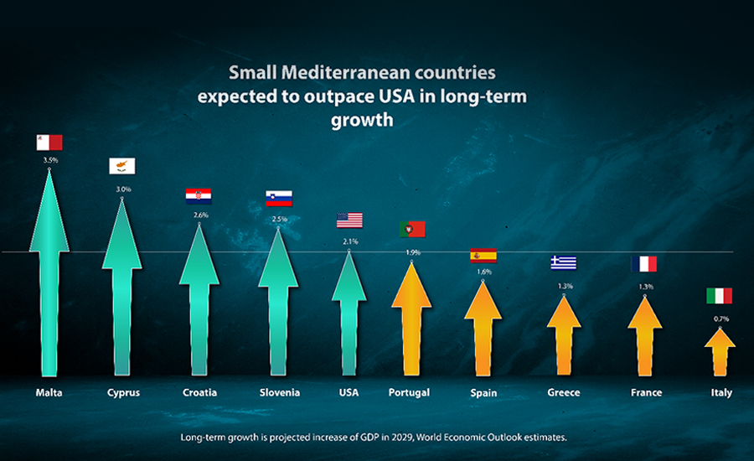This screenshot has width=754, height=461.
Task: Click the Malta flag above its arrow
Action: (x=49, y=142)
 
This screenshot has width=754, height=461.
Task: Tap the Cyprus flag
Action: (x=122, y=166)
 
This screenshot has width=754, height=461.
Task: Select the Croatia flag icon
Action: (x=199, y=196)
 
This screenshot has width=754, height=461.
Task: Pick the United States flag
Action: (x=349, y=220)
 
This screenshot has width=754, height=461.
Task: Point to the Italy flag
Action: (x=720, y=296)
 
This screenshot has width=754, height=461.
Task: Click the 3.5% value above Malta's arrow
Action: (x=50, y=160)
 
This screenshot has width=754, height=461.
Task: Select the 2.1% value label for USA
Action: (x=350, y=241)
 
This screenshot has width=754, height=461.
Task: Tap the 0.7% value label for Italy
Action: (x=721, y=319)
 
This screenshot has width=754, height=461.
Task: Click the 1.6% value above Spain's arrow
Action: (x=484, y=272)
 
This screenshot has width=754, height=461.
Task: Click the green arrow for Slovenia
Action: (x=278, y=302)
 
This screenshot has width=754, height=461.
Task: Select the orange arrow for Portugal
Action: (x=411, y=319)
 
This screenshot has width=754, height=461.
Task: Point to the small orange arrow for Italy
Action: (x=720, y=352)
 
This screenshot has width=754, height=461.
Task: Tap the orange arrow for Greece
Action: (x=564, y=335)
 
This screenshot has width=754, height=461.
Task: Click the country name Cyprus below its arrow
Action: (x=124, y=392)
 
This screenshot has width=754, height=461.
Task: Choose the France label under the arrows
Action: (x=646, y=392)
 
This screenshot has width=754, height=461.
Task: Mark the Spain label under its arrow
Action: (x=483, y=393)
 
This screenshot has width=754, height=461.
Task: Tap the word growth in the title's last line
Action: (x=362, y=121)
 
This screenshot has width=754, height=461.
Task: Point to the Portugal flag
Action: (x=412, y=229)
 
